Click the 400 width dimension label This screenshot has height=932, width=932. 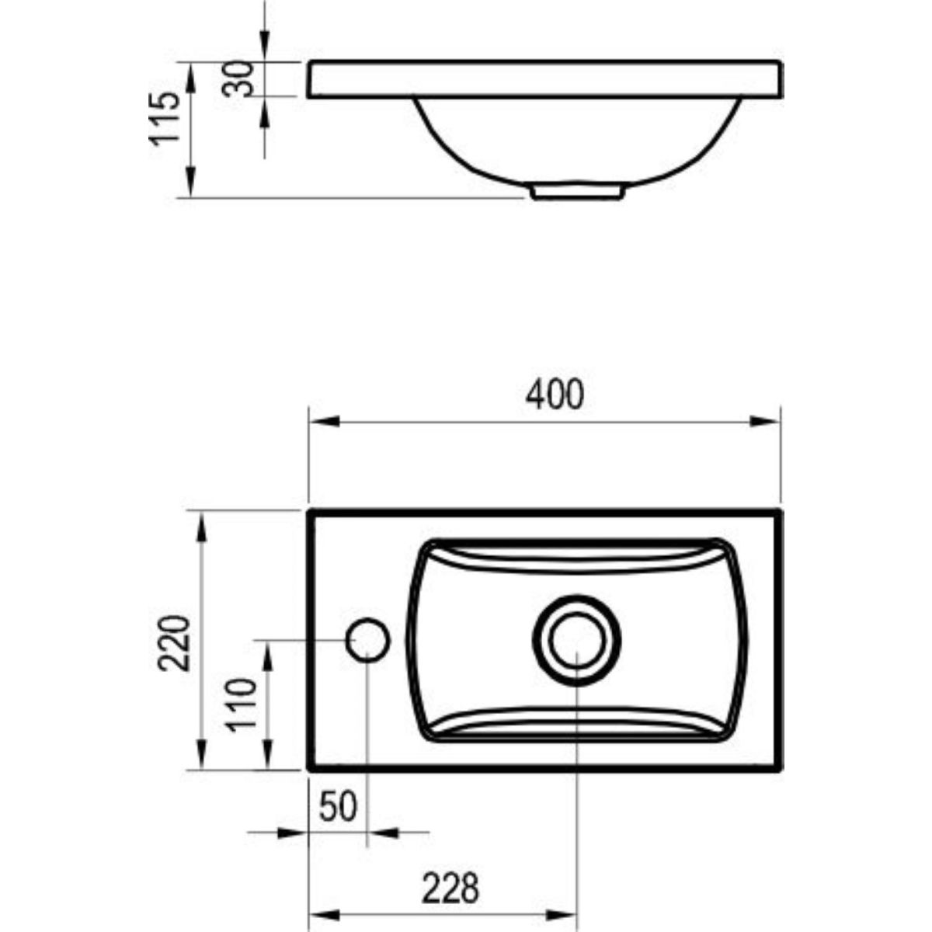(x=555, y=395)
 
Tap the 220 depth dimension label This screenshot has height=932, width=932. (x=175, y=643)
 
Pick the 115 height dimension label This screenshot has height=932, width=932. (x=165, y=118)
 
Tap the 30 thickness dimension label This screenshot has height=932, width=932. (x=238, y=79)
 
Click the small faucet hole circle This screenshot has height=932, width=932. (x=367, y=640)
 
